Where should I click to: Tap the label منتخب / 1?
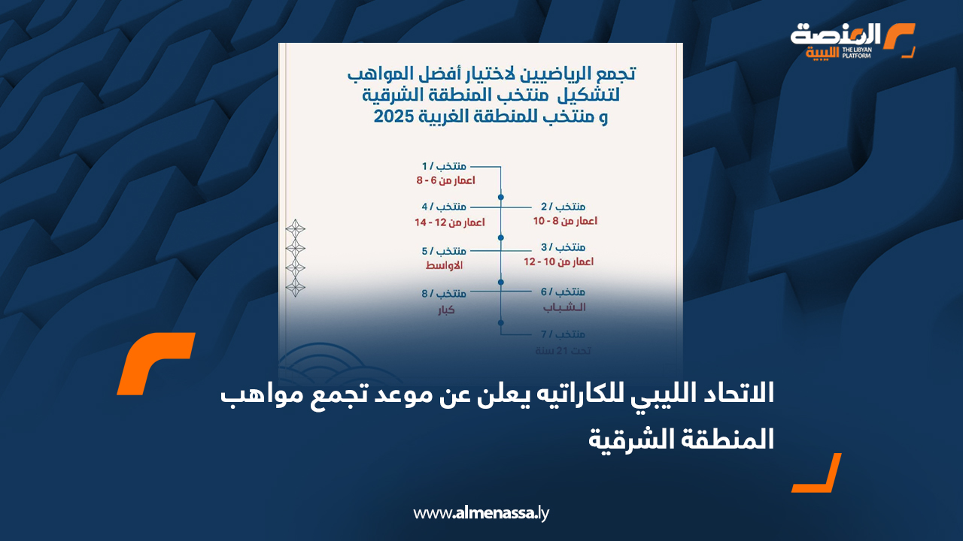pyautogui.click(x=444, y=165)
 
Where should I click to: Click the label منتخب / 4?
pyautogui.click(x=444, y=207)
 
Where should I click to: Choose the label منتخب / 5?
pyautogui.click(x=444, y=250)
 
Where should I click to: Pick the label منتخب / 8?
pyautogui.click(x=444, y=294)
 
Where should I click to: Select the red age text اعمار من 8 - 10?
pyautogui.click(x=564, y=222)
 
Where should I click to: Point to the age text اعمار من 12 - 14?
pyautogui.click(x=449, y=222)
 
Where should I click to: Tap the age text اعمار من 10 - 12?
pyautogui.click(x=559, y=262)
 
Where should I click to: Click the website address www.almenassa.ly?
pyautogui.click(x=481, y=513)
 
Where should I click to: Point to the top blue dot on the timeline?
pyautogui.click(x=501, y=197)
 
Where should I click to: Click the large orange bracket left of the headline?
pyautogui.click(x=155, y=363)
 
